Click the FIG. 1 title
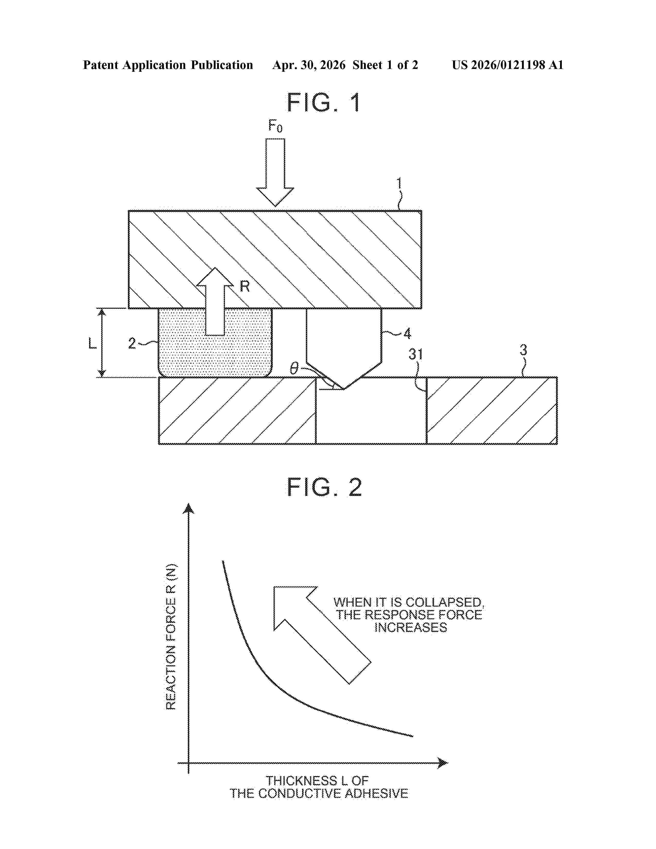324,103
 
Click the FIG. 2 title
324,487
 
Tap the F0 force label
275,126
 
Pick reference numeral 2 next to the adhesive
132,343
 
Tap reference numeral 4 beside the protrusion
407,333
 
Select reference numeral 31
415,354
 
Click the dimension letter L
93,343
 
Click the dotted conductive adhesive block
215,342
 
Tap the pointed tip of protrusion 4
343,389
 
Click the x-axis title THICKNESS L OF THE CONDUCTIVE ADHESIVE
319,787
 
